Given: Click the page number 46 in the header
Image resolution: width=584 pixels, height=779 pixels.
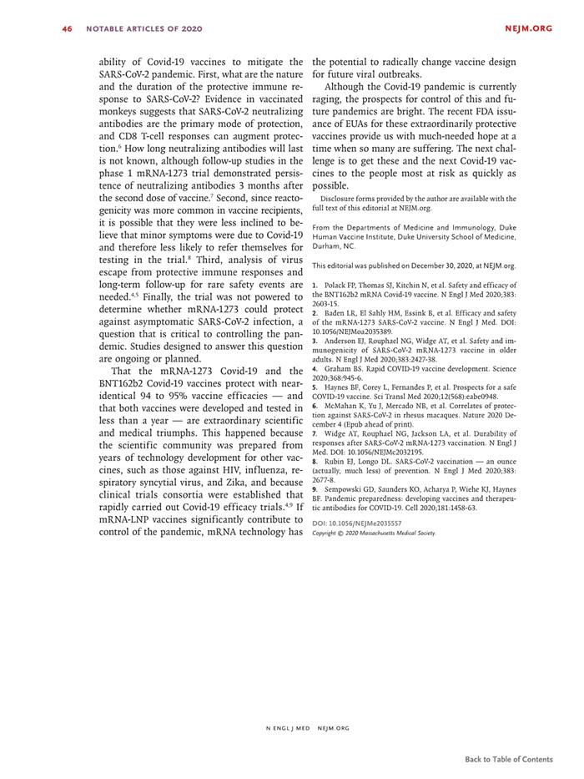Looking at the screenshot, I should [67, 28].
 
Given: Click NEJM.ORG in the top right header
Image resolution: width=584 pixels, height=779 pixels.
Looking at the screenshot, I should [528, 28].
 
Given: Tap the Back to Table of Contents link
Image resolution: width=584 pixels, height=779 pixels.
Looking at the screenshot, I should [509, 759].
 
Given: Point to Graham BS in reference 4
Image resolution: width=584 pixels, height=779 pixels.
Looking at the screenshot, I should [343, 368].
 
